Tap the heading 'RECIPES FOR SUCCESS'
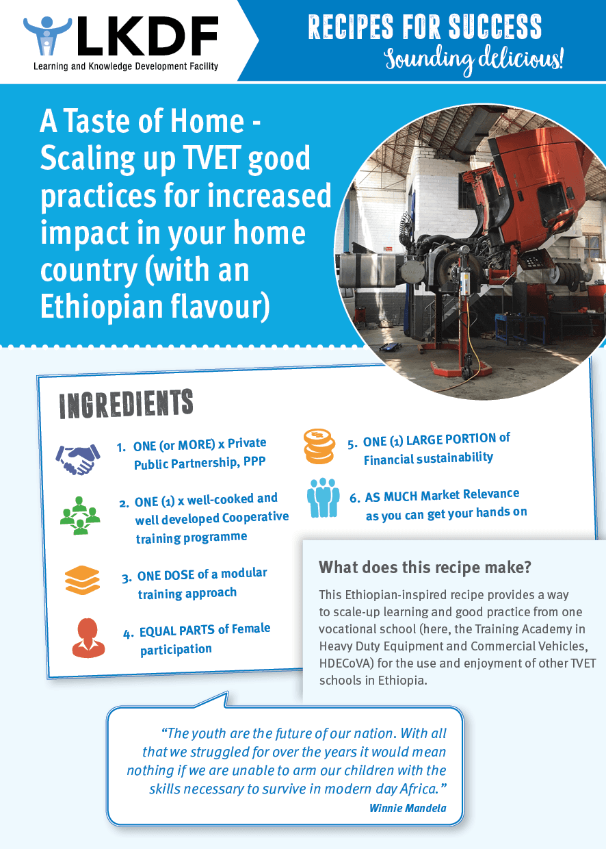(425, 27)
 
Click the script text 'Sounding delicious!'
(474, 60)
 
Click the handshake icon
(78, 459)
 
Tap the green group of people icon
(80, 516)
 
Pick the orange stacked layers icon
(82, 581)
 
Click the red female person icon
(88, 638)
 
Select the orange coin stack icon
(319, 446)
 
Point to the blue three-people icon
(323, 498)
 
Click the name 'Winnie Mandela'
(408, 808)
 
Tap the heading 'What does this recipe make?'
(425, 568)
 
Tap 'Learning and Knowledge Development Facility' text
(126, 66)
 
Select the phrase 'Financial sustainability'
(428, 458)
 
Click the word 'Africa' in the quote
(419, 789)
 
